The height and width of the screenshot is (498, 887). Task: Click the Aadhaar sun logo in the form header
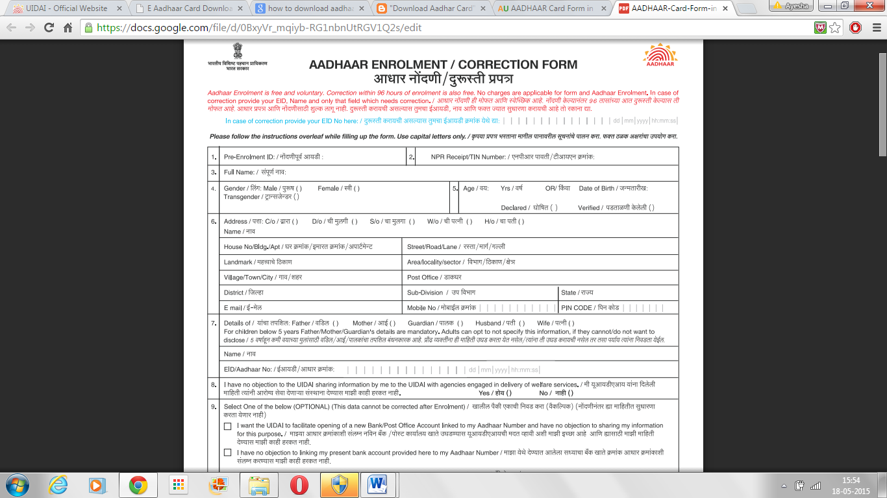tap(659, 54)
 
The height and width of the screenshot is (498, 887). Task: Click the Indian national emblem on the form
tap(237, 51)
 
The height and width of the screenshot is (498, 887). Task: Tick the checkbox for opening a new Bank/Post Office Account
tap(227, 426)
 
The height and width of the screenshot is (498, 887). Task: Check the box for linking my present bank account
tap(227, 453)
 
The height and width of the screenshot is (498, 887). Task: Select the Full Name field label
tap(239, 172)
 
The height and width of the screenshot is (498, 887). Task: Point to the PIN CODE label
tap(577, 307)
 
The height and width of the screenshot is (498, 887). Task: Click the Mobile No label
tap(421, 307)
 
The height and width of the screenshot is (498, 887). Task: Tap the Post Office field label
tap(423, 278)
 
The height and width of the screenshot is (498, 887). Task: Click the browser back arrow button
tap(12, 28)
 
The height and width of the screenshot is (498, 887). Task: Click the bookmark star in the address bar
tap(835, 28)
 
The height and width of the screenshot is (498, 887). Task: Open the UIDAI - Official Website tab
tap(62, 8)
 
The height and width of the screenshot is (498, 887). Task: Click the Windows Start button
tap(18, 484)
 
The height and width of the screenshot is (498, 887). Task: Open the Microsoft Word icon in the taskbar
tap(377, 484)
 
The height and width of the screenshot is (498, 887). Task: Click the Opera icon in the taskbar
tap(299, 484)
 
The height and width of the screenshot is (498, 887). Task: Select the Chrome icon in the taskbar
tap(138, 484)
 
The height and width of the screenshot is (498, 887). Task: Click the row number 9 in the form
tap(214, 407)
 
